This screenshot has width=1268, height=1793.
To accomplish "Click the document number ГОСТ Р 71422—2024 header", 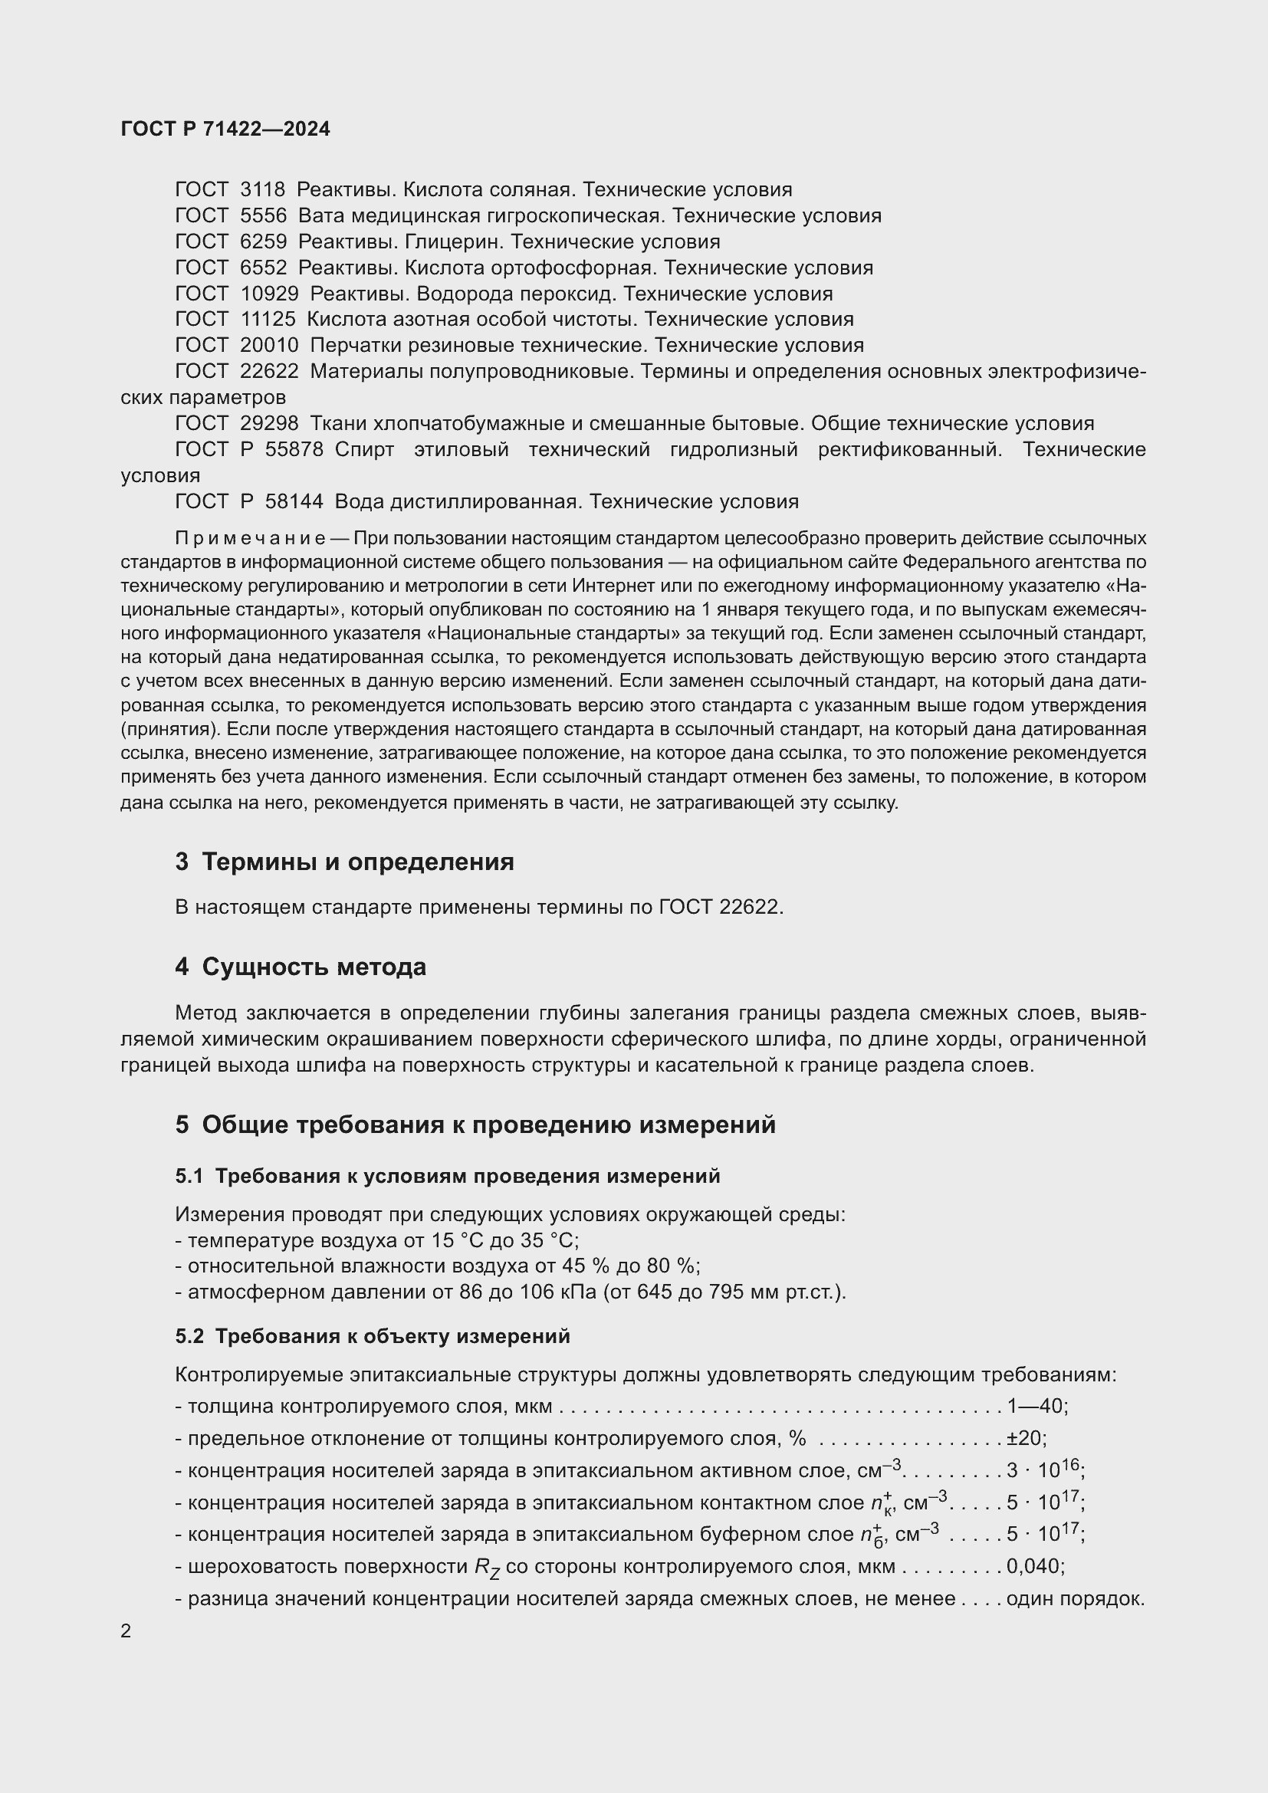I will click(x=225, y=129).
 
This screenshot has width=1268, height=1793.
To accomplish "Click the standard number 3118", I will click(x=262, y=190).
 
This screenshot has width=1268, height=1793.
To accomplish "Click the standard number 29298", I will click(x=269, y=423).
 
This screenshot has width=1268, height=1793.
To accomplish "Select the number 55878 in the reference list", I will click(x=294, y=449).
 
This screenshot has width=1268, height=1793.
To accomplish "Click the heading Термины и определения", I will click(x=357, y=862).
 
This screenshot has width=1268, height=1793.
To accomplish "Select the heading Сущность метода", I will click(x=314, y=967).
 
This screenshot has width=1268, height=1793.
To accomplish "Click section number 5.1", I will click(x=189, y=1176).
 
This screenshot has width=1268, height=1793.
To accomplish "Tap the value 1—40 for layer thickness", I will click(x=1035, y=1406).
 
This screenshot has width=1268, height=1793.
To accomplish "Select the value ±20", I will click(x=1023, y=1437).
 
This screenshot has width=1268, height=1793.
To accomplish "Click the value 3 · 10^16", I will click(x=1043, y=1470).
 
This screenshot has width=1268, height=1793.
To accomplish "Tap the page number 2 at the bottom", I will click(x=126, y=1630).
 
